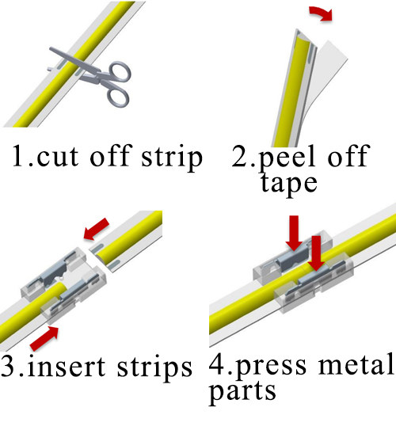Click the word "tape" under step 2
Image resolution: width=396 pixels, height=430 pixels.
click(x=288, y=184)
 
